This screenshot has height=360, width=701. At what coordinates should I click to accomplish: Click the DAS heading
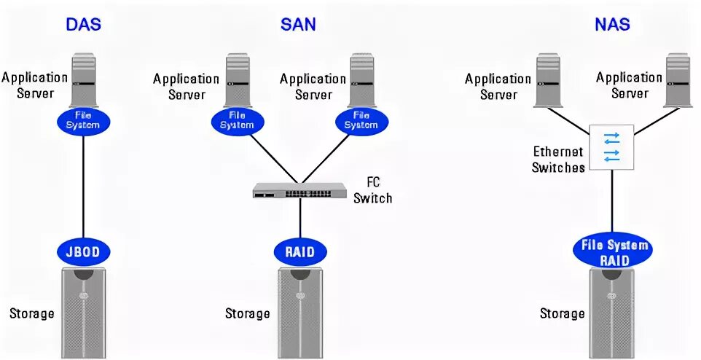point(83,24)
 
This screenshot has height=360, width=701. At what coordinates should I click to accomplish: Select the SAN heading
point(298,24)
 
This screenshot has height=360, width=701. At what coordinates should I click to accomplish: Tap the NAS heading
point(611,24)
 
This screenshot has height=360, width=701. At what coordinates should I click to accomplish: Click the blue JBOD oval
point(82,252)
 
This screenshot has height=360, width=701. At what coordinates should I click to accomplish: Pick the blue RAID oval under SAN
point(299,252)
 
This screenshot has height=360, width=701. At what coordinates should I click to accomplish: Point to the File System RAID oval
point(613,251)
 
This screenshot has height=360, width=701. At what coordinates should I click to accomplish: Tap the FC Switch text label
point(372,190)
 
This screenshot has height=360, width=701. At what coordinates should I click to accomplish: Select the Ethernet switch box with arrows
point(611,146)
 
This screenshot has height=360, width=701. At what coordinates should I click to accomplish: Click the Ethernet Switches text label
point(558,160)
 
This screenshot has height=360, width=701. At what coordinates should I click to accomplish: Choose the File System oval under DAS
point(82,120)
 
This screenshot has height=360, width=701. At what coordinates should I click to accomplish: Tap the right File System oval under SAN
point(361,120)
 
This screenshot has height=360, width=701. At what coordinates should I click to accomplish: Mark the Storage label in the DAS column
point(32,314)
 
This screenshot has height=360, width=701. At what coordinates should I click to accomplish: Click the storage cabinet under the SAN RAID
point(299,312)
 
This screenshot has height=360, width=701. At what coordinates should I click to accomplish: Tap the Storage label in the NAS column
point(562,314)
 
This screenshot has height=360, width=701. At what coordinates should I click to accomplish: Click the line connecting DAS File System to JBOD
point(83,186)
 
